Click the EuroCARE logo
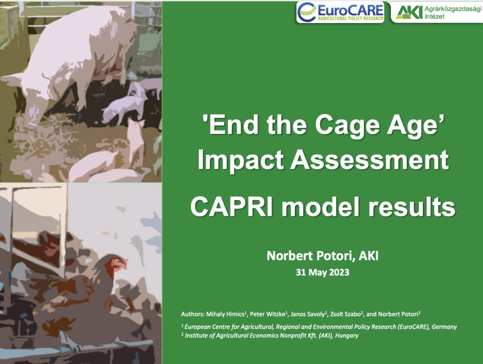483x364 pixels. (x=341, y=12)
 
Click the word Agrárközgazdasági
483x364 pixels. (x=453, y=9)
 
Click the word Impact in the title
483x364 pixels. (x=241, y=160)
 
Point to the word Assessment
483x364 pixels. (x=370, y=159)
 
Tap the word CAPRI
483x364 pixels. (x=232, y=207)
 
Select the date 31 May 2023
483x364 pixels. (x=323, y=272)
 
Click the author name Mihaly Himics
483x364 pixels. (x=225, y=314)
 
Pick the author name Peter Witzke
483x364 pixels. (x=267, y=314)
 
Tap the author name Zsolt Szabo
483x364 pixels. (x=345, y=314)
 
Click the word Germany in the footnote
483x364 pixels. (x=444, y=327)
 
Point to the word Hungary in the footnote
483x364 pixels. (x=347, y=335)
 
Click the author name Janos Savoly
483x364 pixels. (x=308, y=314)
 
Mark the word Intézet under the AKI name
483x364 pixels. (x=434, y=17)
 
